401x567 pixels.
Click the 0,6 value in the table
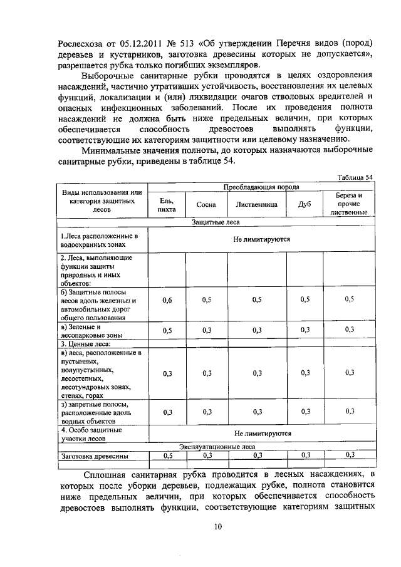[x=167, y=300]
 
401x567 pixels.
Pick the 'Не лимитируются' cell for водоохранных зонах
[x=262, y=239]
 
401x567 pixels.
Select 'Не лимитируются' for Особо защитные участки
[x=262, y=433]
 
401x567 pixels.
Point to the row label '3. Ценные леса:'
[x=85, y=344]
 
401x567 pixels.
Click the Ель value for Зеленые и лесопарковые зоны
[x=167, y=330]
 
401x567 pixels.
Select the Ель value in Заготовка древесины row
[x=167, y=455]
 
